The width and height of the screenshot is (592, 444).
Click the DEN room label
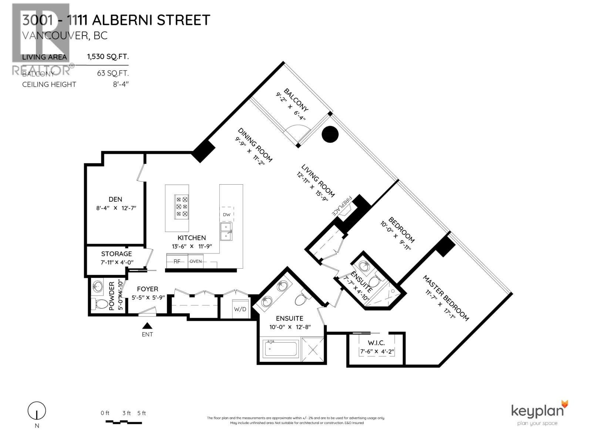(x=115, y=199)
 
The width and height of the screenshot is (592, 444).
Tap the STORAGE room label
(x=117, y=254)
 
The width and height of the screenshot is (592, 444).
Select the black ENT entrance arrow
(x=148, y=326)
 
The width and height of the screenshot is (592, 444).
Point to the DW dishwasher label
(x=227, y=215)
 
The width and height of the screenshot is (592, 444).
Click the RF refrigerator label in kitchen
(x=177, y=261)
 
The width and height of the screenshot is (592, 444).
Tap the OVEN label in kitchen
(x=196, y=261)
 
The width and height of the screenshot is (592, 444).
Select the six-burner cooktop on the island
(x=182, y=206)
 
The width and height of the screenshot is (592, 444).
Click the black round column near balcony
(x=330, y=134)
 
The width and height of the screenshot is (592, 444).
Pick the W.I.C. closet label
(x=377, y=343)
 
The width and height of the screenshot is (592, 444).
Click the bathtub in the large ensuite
(x=281, y=349)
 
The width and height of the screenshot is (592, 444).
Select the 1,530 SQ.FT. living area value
(x=108, y=57)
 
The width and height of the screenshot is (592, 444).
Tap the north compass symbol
(x=37, y=411)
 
